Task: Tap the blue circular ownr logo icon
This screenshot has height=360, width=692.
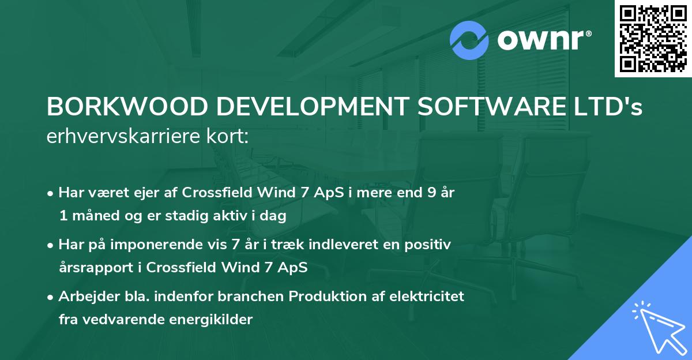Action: click(x=469, y=40)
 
